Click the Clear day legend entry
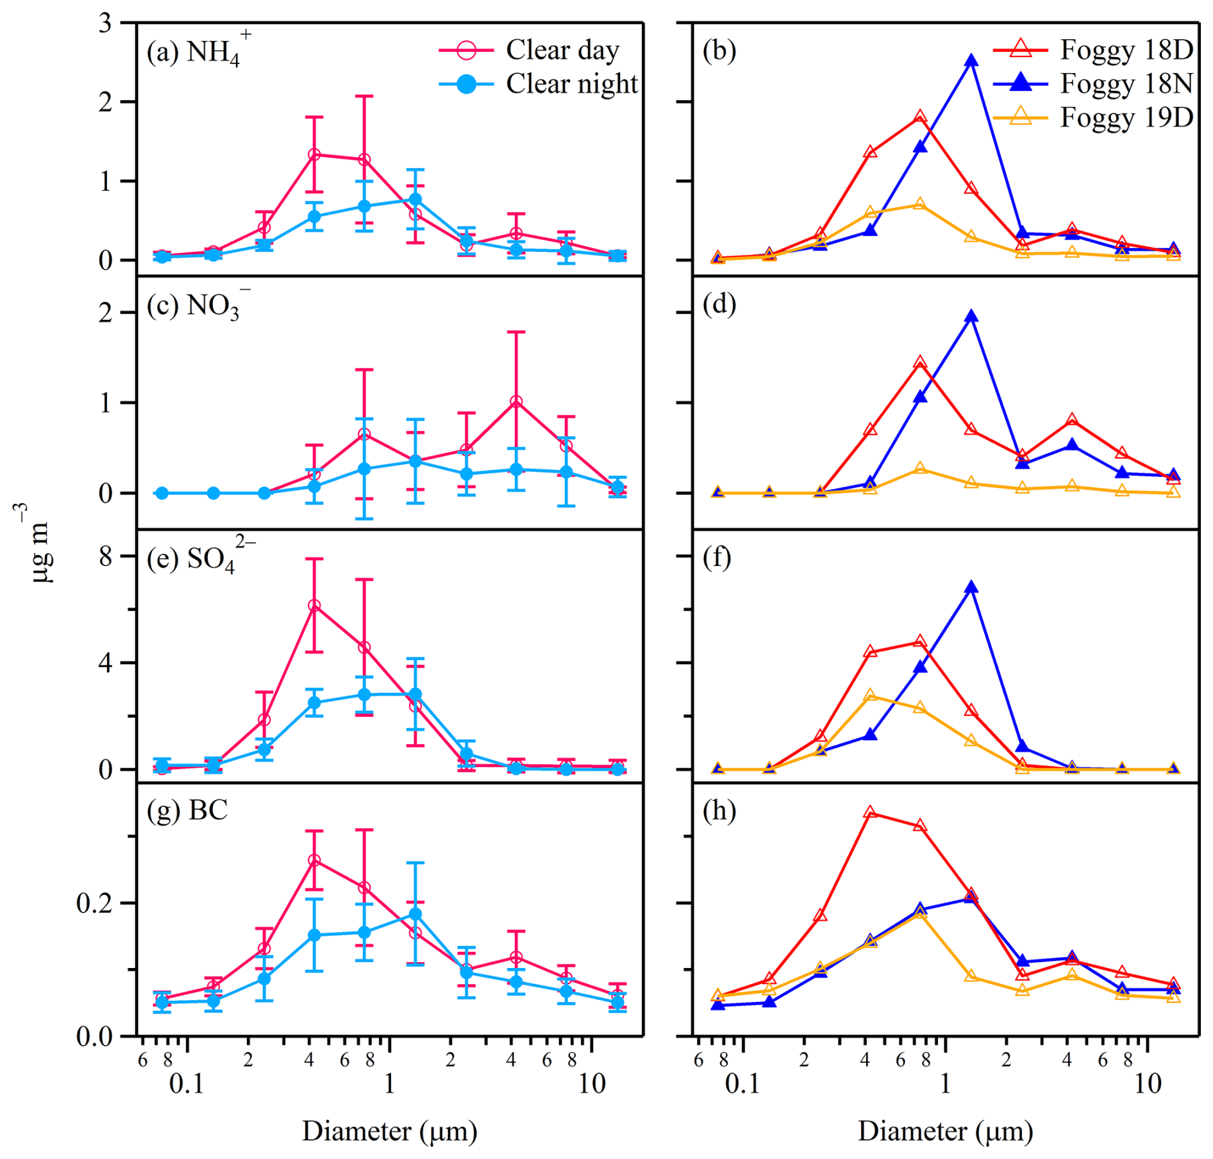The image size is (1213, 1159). point(530,50)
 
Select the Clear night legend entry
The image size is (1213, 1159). point(539,84)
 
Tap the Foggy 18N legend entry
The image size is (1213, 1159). point(1094,83)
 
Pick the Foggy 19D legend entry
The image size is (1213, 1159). point(1094,117)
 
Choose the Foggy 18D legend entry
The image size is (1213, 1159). point(1094,49)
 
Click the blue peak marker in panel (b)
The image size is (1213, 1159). point(971,61)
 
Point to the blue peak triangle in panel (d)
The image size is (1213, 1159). point(971,316)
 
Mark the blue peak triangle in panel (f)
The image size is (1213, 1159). point(971,587)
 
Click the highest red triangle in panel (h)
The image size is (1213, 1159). point(870,812)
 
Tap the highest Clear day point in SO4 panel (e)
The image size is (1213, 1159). point(314,605)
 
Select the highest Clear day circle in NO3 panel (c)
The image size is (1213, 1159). point(516,402)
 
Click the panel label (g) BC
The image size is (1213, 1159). point(187,811)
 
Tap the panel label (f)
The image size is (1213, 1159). point(717,558)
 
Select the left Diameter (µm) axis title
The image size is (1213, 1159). point(390,1131)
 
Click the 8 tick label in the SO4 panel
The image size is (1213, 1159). point(106,556)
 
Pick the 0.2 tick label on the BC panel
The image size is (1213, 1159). point(95,903)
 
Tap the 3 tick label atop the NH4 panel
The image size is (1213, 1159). point(106,24)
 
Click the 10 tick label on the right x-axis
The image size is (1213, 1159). point(1148,1083)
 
